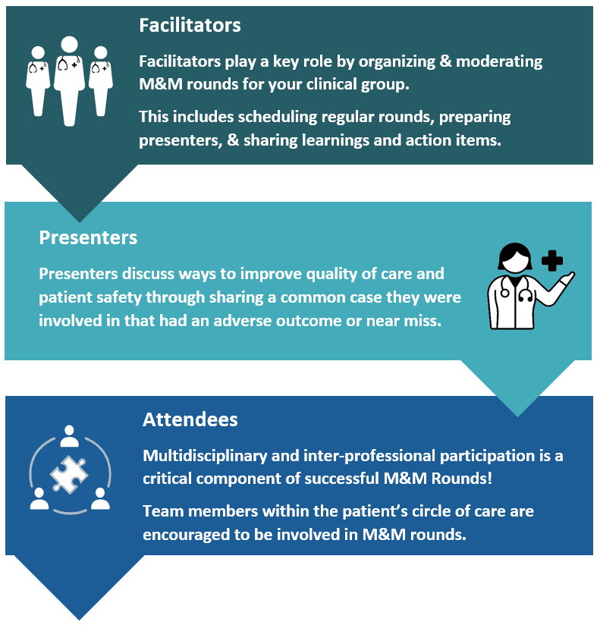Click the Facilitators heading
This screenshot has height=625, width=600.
tap(190, 25)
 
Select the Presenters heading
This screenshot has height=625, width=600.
tap(88, 237)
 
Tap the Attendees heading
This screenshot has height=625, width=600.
tap(190, 419)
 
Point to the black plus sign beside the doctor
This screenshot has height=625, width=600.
tap(552, 261)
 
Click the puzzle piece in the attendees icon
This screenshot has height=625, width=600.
tap(69, 474)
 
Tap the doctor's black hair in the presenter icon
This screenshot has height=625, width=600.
tap(515, 255)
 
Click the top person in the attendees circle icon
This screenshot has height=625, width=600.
tap(69, 435)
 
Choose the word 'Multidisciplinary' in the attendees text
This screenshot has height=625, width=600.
tap(205, 456)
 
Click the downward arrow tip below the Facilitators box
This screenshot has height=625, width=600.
tap(80, 221)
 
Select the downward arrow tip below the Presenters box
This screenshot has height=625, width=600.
tap(517, 416)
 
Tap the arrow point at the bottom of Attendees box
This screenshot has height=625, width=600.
tap(80, 620)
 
